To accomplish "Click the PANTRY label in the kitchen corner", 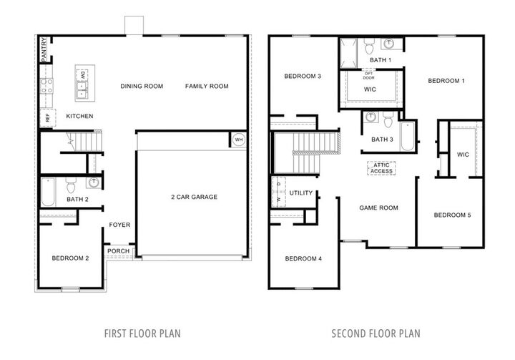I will (44, 50).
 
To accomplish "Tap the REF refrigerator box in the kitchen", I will (48, 118).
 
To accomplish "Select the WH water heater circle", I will (237, 140).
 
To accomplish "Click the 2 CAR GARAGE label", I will (194, 197).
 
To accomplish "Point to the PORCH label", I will (119, 251).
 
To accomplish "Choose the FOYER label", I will (119, 225).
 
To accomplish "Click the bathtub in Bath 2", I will (48, 190).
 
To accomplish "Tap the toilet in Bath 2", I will (70, 187).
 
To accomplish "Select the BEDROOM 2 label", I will (70, 258).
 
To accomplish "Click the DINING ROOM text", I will (142, 87).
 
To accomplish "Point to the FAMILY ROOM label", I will (207, 87).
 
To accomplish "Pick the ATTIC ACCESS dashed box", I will (381, 168).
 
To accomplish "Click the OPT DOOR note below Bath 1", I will (369, 75).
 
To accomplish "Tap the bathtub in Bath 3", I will (407, 136).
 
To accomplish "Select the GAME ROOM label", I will (378, 208).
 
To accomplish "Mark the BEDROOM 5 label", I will (452, 215).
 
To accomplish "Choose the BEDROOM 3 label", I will (302, 77).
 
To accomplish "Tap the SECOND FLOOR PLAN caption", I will (376, 334).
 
